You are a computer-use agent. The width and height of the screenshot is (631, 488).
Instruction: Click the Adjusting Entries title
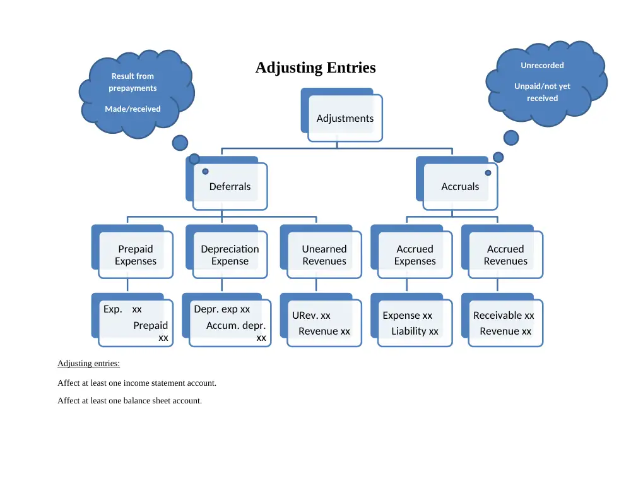[315, 68]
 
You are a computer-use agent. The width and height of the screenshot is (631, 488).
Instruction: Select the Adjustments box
[341, 115]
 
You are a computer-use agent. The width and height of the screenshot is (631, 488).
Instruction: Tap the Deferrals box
[227, 183]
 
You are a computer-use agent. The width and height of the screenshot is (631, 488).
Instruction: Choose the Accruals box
[457, 183]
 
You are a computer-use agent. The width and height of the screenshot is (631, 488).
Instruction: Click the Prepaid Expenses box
[133, 252]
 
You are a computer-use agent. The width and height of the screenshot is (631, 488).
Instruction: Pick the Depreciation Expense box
[227, 252]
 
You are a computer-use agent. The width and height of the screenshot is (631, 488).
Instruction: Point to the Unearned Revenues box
[321, 252]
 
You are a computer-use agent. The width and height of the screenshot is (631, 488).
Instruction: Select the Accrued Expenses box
[411, 252]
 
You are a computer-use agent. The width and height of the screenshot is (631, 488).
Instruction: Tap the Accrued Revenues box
[502, 252]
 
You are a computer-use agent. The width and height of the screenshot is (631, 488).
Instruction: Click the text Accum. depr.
[236, 325]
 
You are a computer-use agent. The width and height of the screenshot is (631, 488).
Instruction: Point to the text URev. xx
[311, 315]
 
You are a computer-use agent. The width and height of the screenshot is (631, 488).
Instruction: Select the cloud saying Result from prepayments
[136, 93]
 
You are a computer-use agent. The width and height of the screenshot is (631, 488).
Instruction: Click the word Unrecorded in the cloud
[542, 65]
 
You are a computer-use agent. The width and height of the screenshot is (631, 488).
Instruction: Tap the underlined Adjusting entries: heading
[88, 364]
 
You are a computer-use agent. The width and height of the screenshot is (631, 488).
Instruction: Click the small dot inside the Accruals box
[488, 173]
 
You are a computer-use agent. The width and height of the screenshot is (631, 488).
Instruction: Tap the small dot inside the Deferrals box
[205, 172]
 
